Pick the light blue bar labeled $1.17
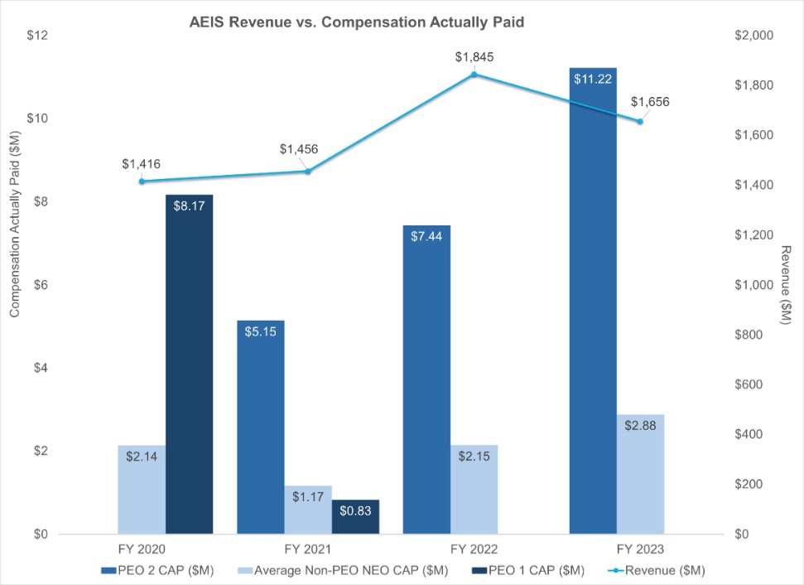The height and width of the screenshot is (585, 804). point(308,510)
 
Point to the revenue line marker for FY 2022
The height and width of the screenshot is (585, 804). point(474,75)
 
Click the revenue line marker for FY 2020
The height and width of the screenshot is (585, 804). point(142,181)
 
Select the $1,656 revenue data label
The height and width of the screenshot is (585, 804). point(650,102)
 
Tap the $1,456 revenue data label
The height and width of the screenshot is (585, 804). point(299,149)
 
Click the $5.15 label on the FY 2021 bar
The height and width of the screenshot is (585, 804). point(261,331)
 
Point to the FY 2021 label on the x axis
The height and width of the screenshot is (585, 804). point(308,549)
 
